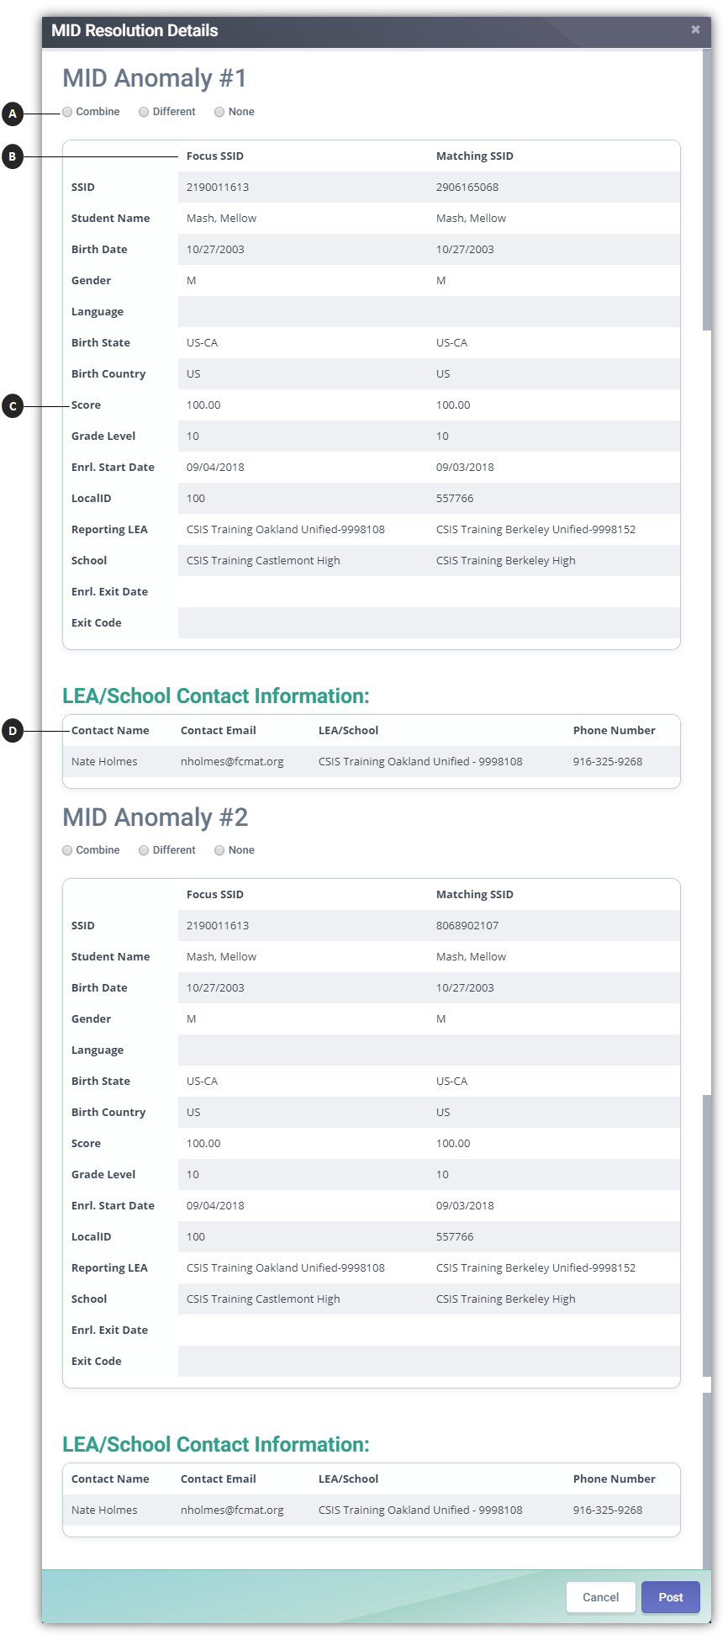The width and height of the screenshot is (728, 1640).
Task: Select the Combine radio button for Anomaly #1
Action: click(67, 112)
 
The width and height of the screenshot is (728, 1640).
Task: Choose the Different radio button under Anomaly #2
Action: click(144, 850)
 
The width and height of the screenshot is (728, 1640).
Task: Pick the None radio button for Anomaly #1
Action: click(219, 112)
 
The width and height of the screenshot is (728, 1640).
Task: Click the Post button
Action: click(670, 1597)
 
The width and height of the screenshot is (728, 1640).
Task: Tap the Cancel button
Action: click(600, 1597)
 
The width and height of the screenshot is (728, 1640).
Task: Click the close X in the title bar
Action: click(695, 29)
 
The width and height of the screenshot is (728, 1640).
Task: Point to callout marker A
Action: click(12, 113)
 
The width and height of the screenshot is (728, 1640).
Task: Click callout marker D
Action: click(12, 731)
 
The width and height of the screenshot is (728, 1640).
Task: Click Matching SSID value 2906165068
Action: click(467, 187)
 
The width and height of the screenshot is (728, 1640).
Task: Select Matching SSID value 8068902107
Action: click(467, 925)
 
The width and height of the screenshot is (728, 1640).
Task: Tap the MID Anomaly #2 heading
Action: click(156, 817)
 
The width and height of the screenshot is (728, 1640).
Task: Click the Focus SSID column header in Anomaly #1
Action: click(214, 156)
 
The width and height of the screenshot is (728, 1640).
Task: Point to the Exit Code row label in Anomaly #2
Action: click(96, 1361)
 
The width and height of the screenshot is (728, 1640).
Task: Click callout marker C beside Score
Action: click(12, 406)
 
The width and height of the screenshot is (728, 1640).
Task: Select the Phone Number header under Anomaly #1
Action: click(614, 730)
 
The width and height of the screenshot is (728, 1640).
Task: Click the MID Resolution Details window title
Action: click(135, 30)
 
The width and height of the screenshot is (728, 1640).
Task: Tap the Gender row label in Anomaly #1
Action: click(91, 280)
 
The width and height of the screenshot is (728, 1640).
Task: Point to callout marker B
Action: click(12, 156)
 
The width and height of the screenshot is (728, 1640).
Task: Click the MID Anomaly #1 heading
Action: click(155, 78)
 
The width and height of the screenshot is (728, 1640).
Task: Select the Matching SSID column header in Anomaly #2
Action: click(474, 894)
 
